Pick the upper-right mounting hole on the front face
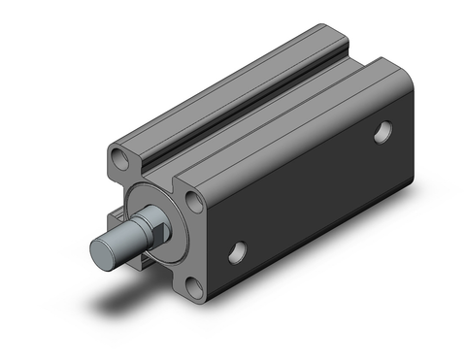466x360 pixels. click(x=194, y=201)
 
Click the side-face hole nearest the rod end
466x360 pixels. click(x=236, y=255)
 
